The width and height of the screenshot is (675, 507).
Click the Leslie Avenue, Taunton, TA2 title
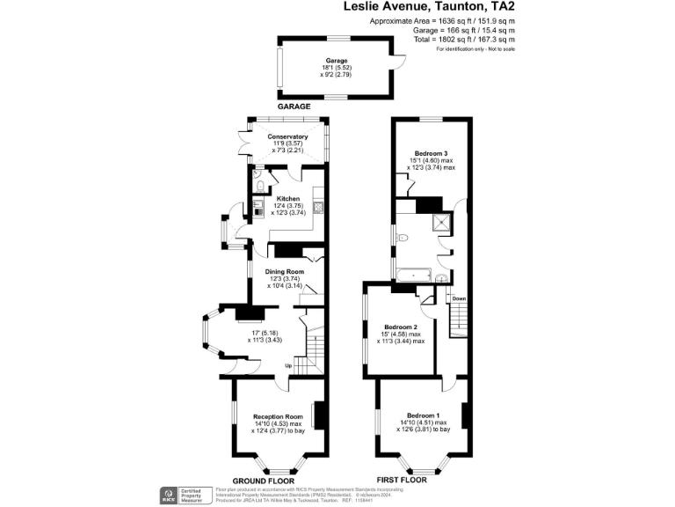429,7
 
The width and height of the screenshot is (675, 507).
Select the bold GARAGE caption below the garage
294,106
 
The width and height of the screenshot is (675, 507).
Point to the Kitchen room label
288,199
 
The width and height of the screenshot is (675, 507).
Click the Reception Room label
278,416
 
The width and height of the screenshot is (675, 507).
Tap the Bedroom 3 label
431,153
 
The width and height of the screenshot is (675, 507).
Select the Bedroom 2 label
401,327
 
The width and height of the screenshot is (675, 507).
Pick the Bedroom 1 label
424,415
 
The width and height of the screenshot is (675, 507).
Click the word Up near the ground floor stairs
287,365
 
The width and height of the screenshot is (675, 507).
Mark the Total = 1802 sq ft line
464,39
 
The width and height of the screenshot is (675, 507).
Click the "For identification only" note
475,48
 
